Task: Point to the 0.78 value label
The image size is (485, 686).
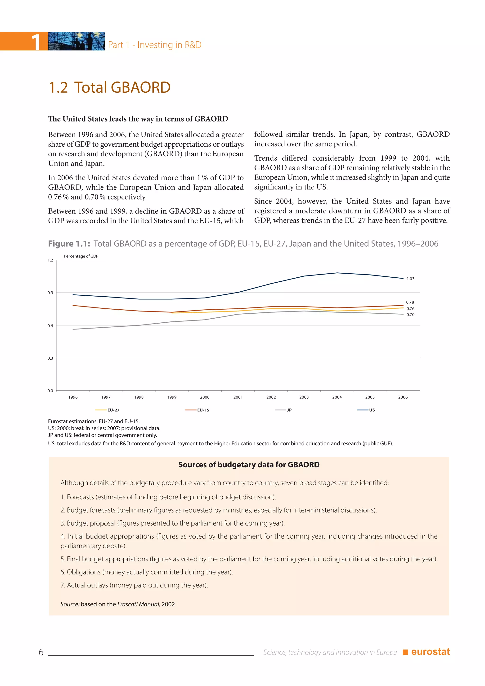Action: point(410,302)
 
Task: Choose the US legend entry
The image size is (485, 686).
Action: point(366,410)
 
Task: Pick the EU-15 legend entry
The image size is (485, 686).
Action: point(198,410)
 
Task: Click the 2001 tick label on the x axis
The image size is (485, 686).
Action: point(238,397)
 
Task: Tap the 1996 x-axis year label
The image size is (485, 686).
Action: point(73,397)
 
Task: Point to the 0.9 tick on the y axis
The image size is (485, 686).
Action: point(50,293)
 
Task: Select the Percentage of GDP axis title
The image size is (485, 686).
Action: point(81,256)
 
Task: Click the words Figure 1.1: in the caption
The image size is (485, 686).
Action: point(69,244)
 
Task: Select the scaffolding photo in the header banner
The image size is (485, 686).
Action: point(76,41)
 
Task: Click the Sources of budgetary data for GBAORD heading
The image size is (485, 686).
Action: point(249,465)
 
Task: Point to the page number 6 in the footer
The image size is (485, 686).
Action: point(41,652)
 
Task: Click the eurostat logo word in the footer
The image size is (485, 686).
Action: point(430,652)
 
